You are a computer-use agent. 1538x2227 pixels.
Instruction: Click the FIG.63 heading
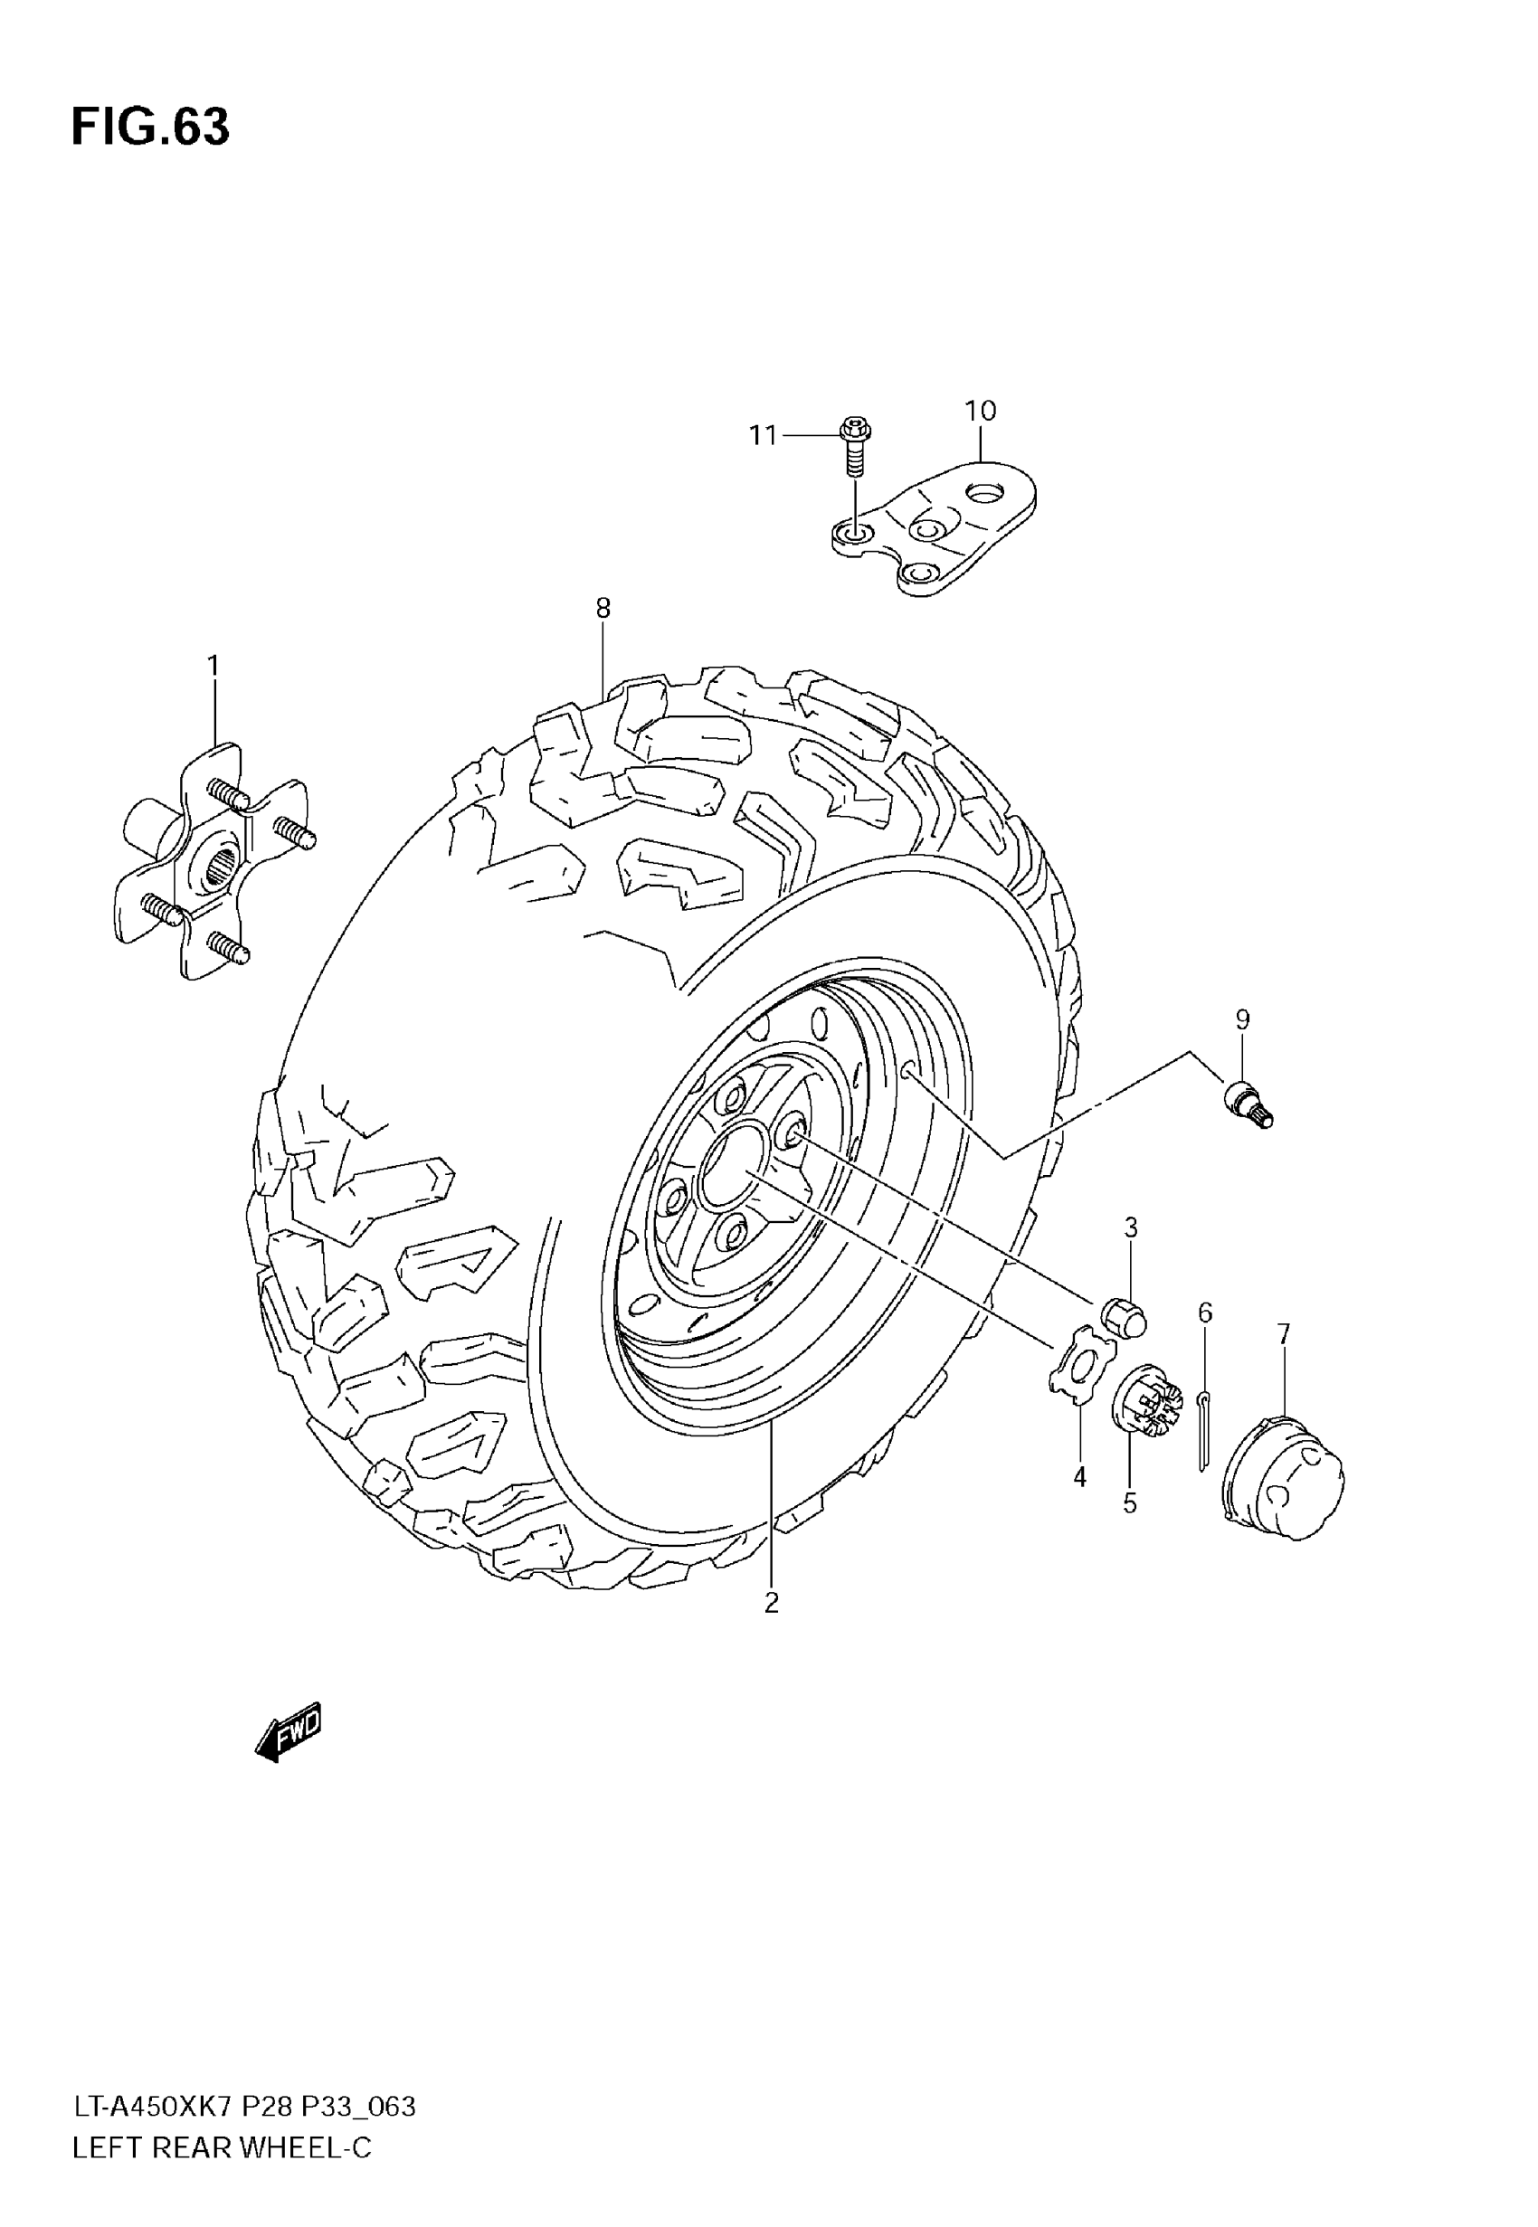pyautogui.click(x=150, y=128)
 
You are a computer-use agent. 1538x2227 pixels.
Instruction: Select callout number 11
pyautogui.click(x=764, y=436)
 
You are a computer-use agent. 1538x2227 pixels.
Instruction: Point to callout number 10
pyautogui.click(x=980, y=412)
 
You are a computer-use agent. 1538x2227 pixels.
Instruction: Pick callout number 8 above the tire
pyautogui.click(x=603, y=608)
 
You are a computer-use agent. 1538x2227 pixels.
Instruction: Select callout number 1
pyautogui.click(x=213, y=666)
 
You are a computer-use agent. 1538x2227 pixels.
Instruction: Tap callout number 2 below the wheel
pyautogui.click(x=771, y=1603)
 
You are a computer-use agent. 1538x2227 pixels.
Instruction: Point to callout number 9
pyautogui.click(x=1242, y=1019)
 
